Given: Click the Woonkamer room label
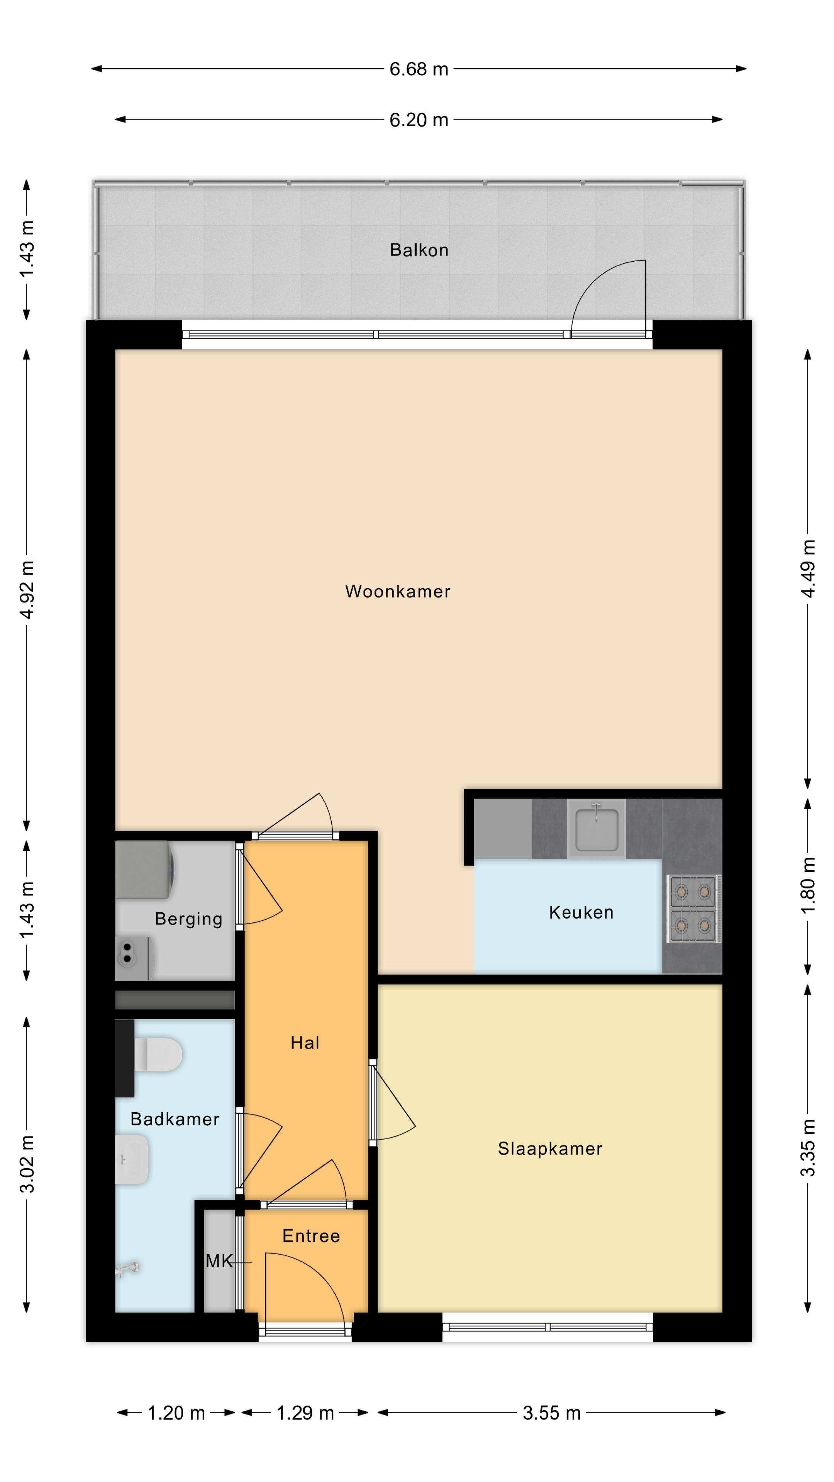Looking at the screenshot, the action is click(397, 591).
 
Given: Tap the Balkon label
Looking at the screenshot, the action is click(419, 250).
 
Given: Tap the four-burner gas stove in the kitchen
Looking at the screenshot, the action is click(693, 909).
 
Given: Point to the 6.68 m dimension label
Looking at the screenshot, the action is click(419, 69).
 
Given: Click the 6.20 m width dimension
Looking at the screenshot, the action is click(419, 120).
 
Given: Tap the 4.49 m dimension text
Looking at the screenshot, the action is click(808, 568).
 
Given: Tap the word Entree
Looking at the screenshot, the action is click(311, 1236).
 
